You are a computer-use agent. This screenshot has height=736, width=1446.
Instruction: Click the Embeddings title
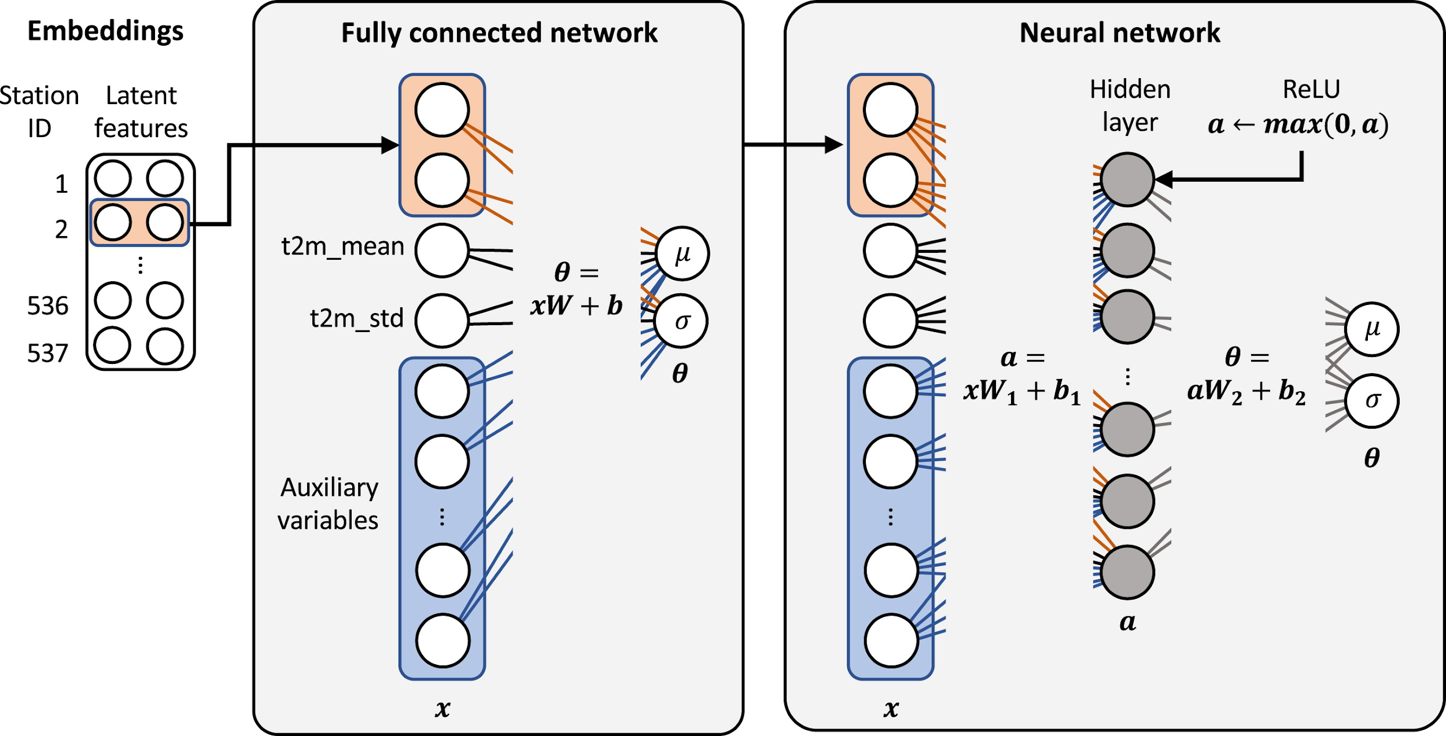pyautogui.click(x=105, y=31)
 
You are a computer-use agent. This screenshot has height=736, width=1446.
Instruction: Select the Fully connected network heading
pyautogui.click(x=499, y=33)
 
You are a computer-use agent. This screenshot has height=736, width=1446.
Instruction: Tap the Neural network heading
pyautogui.click(x=1120, y=33)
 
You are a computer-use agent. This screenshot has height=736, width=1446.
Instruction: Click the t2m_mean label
pyautogui.click(x=342, y=247)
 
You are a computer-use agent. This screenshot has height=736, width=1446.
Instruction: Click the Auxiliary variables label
pyautogui.click(x=329, y=504)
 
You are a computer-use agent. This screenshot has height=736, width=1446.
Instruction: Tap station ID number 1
pyautogui.click(x=61, y=185)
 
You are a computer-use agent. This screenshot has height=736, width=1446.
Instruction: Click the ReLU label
pyautogui.click(x=1311, y=90)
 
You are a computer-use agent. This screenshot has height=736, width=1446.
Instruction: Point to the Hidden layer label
pyautogui.click(x=1130, y=106)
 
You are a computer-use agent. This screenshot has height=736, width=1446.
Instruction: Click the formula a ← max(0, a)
pyautogui.click(x=1298, y=124)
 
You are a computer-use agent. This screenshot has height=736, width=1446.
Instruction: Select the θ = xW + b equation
pyautogui.click(x=576, y=289)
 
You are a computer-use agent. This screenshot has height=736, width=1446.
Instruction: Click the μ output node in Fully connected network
pyautogui.click(x=683, y=254)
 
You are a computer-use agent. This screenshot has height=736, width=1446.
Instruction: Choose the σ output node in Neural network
pyautogui.click(x=1372, y=400)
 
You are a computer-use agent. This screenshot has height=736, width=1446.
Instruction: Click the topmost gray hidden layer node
pyautogui.click(x=1127, y=180)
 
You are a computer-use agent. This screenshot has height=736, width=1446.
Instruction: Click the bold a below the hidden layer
pyautogui.click(x=1127, y=623)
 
